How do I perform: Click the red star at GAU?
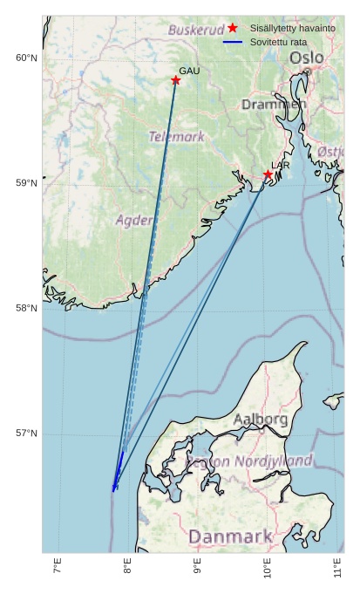[176, 80]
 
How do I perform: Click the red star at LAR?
[268, 174]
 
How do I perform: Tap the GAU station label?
[189, 71]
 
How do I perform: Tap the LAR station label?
[281, 165]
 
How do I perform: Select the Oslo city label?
[306, 58]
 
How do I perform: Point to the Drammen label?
[274, 105]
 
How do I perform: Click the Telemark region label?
[177, 137]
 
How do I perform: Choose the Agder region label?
[135, 220]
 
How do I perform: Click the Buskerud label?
[196, 30]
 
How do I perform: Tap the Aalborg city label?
[260, 420]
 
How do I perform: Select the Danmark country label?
[230, 536]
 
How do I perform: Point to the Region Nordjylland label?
[249, 461]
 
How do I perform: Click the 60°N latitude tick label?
[26, 58]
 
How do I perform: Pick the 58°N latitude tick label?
[26, 308]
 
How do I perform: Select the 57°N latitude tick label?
[26, 434]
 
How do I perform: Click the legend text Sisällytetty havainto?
[292, 29]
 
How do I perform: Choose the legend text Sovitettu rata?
[277, 42]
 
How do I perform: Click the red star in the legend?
[233, 29]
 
